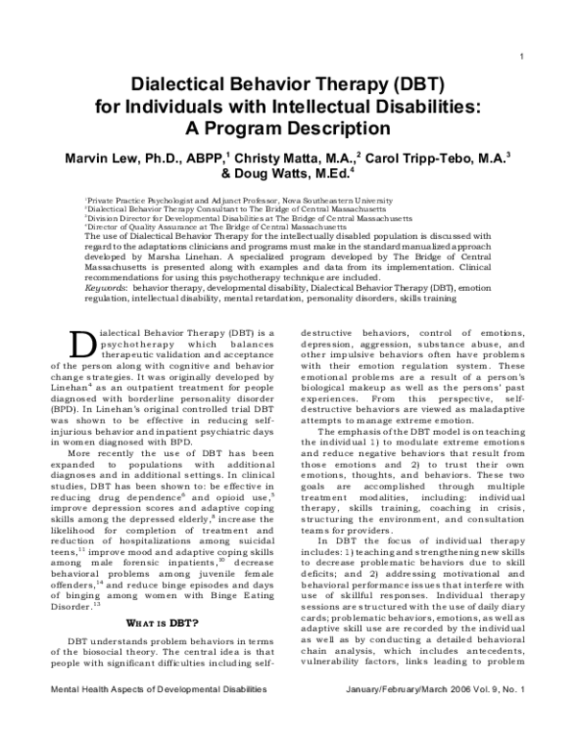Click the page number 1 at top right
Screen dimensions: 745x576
(x=519, y=55)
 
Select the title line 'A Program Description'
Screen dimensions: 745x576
(x=288, y=127)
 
